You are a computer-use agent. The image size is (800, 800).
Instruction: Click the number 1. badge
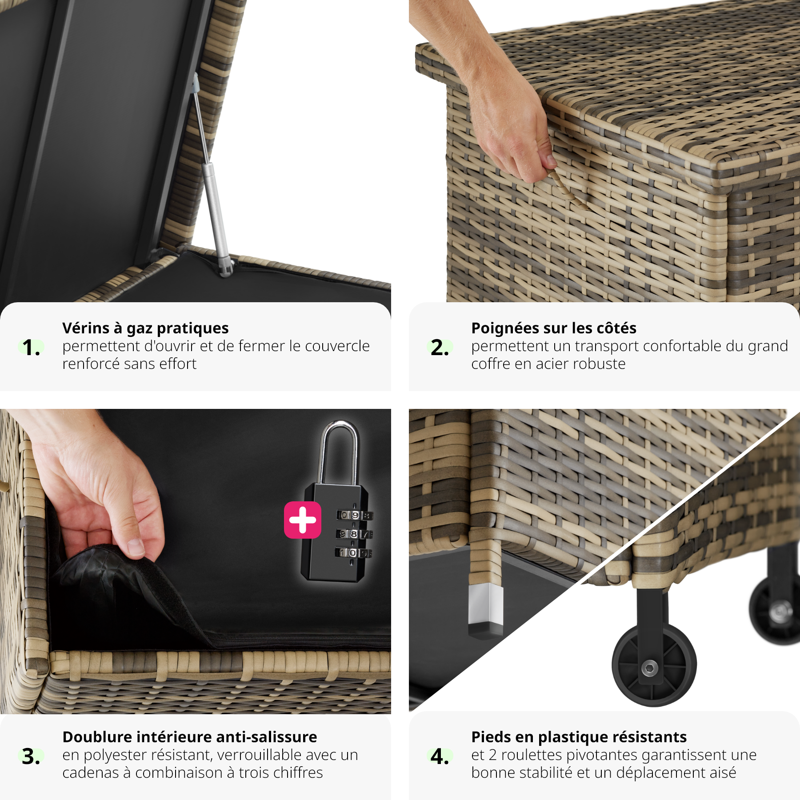point(31,347)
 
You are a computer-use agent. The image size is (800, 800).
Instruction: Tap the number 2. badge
point(440,347)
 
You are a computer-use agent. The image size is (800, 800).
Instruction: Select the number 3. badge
point(31,756)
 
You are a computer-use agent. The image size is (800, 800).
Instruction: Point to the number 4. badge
point(440,756)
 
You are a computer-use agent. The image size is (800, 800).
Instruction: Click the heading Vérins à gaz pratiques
point(145,328)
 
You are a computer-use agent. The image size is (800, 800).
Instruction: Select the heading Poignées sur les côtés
point(554,328)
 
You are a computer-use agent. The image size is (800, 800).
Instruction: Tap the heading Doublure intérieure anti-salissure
point(190,737)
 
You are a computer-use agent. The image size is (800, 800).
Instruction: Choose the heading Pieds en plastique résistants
point(579,737)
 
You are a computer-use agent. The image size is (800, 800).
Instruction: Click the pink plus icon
point(303,520)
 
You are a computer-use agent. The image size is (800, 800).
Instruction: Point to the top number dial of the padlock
point(355,516)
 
